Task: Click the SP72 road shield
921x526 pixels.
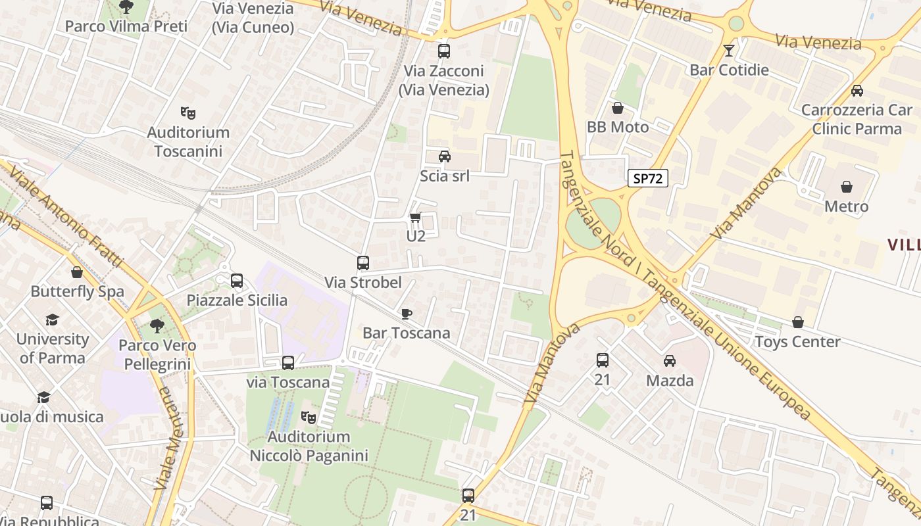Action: coord(647,178)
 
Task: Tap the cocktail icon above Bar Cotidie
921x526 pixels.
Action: coord(729,51)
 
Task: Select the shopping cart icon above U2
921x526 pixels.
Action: coord(415,217)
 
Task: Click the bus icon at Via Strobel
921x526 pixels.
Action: coord(362,263)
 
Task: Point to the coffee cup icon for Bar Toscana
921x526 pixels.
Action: coord(406,314)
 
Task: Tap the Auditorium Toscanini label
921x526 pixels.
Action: coord(188,141)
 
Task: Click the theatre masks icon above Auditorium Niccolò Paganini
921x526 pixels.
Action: coord(308,417)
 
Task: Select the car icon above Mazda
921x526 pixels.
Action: coord(670,360)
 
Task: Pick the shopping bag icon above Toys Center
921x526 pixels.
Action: coord(797,322)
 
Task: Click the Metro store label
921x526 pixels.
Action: coord(846,206)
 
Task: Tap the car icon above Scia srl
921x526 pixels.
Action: coord(445,156)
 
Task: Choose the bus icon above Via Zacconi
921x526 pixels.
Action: coord(444,51)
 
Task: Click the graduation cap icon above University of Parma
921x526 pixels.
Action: coord(52,320)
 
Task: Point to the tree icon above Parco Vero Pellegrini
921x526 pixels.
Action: coord(157,325)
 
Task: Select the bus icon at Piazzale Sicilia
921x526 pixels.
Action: coord(237,281)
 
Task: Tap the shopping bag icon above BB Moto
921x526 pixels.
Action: coord(617,108)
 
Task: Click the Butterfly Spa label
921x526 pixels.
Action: coord(77,291)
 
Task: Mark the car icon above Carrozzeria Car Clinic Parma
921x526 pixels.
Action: coord(857,91)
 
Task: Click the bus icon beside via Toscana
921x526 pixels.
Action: coord(287,362)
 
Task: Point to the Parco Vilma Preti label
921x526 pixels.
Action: coord(126,26)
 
